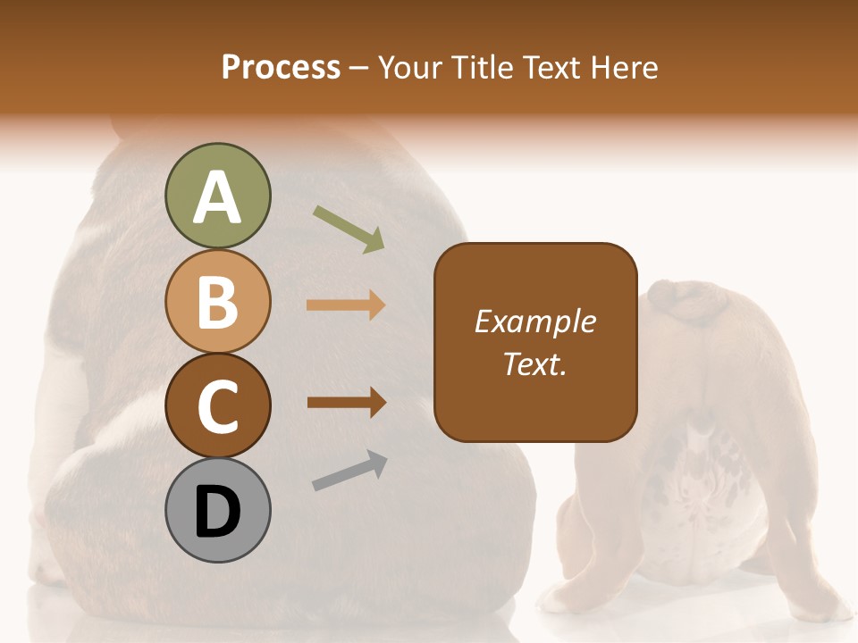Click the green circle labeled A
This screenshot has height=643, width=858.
coord(217,196)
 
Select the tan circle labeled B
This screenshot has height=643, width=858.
coord(217,301)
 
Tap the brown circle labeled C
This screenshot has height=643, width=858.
coord(217,405)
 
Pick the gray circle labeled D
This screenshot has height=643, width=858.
coord(217,510)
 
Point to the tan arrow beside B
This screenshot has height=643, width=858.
coord(346,305)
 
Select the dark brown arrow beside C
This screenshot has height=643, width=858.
coord(346,403)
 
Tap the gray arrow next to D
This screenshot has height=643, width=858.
coord(349,471)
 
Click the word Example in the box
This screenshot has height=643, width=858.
coord(535,321)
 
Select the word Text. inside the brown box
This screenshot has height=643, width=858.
coord(535,363)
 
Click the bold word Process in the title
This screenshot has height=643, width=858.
coord(281,67)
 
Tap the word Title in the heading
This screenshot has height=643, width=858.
coord(480,67)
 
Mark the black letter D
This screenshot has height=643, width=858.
coord(217,513)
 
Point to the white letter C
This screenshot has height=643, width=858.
coord(217,406)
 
